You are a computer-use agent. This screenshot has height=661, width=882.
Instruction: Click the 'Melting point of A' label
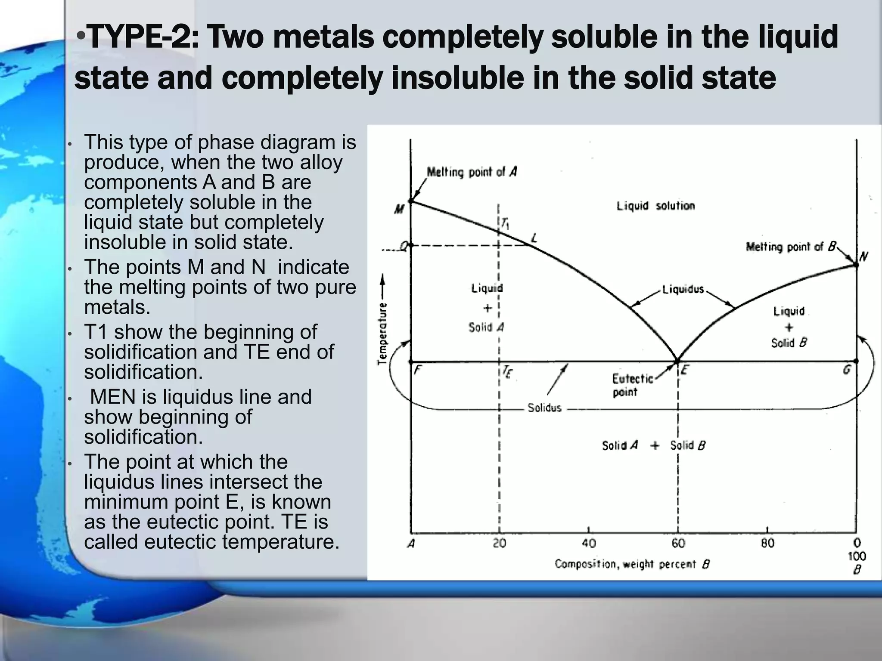pyautogui.click(x=472, y=172)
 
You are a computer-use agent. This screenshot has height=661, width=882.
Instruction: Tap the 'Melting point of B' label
pyautogui.click(x=791, y=247)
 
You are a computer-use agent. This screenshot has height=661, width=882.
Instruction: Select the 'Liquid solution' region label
pyautogui.click(x=655, y=206)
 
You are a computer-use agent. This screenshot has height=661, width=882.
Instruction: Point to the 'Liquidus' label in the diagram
pyautogui.click(x=683, y=289)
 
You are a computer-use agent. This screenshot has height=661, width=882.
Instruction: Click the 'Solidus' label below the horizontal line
pyautogui.click(x=544, y=408)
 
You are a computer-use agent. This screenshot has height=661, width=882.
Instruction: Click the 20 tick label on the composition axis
pyautogui.click(x=499, y=544)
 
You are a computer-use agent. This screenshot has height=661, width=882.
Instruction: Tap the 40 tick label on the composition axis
pyautogui.click(x=588, y=544)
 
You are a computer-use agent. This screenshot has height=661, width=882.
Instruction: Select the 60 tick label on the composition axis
pyautogui.click(x=678, y=544)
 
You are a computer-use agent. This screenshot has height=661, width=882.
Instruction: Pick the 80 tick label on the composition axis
pyautogui.click(x=767, y=544)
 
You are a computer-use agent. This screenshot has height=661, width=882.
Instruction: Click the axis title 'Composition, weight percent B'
pyautogui.click(x=632, y=564)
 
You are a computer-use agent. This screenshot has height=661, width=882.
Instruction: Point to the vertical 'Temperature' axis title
pyautogui.click(x=382, y=334)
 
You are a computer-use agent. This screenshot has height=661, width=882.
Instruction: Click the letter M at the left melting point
pyautogui.click(x=399, y=210)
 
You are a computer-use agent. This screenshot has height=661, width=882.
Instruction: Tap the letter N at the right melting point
pyautogui.click(x=863, y=257)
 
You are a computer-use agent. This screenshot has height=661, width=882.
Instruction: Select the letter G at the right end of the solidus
pyautogui.click(x=847, y=370)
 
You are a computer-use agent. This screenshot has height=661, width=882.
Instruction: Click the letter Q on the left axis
pyautogui.click(x=404, y=246)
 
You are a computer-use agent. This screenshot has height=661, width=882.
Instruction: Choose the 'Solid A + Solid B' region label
pyautogui.click(x=653, y=445)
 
